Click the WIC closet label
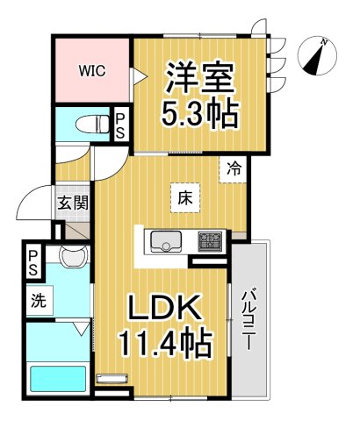(x=92, y=71)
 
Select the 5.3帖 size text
(x=199, y=114)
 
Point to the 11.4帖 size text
(x=164, y=343)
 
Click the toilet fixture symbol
(x=92, y=125)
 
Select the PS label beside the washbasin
(x=32, y=262)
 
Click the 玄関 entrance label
(x=73, y=203)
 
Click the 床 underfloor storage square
(x=185, y=198)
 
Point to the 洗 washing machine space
(x=40, y=301)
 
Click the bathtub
(x=58, y=379)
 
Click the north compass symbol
(x=317, y=55)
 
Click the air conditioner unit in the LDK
(x=112, y=378)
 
